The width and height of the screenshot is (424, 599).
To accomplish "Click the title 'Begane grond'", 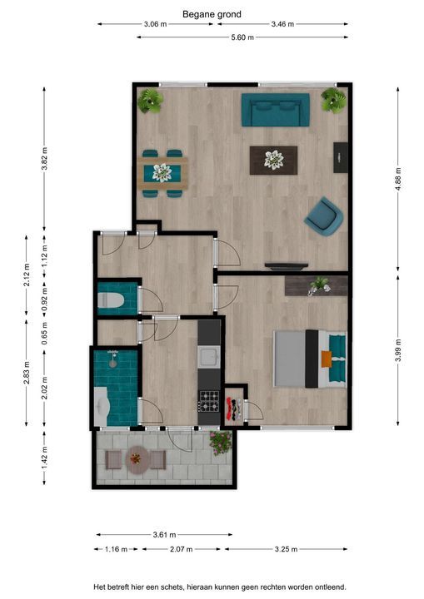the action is point(212,14).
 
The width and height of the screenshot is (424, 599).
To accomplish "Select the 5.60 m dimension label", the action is point(242,37).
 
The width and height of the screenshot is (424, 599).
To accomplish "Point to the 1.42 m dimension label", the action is point(44,458).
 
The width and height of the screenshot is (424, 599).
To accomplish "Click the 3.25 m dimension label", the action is point(286,549).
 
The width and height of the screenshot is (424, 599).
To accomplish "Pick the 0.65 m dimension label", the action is point(44,333).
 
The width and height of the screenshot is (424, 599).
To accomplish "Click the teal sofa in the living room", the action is point(275,110).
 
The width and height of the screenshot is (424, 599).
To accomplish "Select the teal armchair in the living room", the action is point(324,216).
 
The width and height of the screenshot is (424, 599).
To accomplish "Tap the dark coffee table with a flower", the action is point(273,161).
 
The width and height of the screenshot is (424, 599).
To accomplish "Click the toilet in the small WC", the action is point(111,300).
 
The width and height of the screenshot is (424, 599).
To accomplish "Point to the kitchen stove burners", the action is point(209,401).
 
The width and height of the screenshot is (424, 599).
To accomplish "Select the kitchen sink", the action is point(208,358).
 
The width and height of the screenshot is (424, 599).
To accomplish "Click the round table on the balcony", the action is point(136,459).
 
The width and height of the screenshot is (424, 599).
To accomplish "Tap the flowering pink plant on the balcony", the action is point(221,443).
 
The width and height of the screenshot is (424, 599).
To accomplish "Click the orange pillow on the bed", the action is point(327,359).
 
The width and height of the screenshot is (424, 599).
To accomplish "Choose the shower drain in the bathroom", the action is point(113,364).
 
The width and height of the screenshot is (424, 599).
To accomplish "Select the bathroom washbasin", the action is point(102,407).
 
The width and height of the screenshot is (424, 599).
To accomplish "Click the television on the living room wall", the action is point(287,266).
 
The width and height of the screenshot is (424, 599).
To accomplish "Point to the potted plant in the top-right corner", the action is point(333,101).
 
